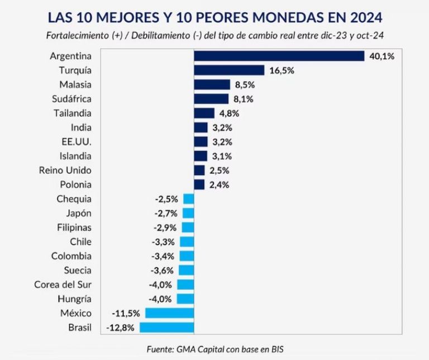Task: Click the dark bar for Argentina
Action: [279, 56]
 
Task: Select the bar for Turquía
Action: [228, 70]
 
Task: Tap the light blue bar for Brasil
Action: [166, 328]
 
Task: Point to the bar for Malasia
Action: [212, 84]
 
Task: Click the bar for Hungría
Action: [185, 299]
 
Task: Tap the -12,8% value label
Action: [120, 328]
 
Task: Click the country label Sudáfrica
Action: [71, 99]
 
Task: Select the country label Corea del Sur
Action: [63, 285]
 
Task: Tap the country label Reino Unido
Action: [65, 170]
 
